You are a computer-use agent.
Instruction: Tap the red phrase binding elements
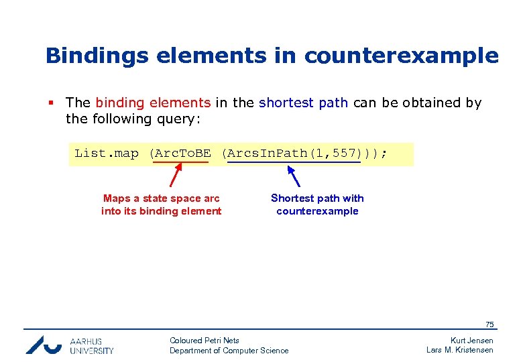[x=153, y=103]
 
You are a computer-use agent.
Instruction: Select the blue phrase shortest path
[x=303, y=103]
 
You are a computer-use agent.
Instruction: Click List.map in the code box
[x=106, y=154]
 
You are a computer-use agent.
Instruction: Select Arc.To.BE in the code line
[x=181, y=154]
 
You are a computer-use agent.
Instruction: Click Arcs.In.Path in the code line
[x=266, y=154]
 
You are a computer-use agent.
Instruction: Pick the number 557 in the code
[x=345, y=154]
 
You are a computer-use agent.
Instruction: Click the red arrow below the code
[x=175, y=176]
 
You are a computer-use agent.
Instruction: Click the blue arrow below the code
[x=294, y=176]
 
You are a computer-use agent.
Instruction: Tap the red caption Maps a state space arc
[x=161, y=198]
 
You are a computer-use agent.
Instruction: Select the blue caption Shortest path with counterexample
[x=317, y=204]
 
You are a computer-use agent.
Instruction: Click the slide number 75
[x=489, y=324]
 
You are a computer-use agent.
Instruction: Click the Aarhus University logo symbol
[x=43, y=345]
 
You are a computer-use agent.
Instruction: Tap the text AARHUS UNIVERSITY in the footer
[x=91, y=345]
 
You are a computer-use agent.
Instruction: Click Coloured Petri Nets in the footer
[x=205, y=341]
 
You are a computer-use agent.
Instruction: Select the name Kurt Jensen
[x=471, y=341]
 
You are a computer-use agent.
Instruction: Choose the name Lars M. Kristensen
[x=460, y=350]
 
